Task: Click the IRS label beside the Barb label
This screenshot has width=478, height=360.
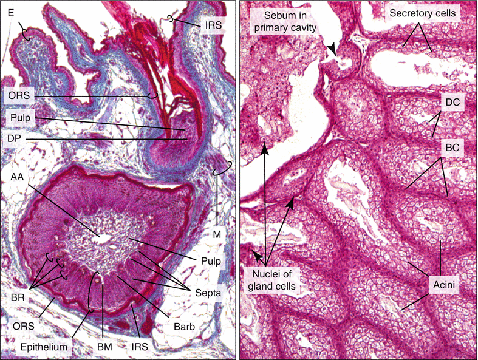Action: [x=138, y=345]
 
